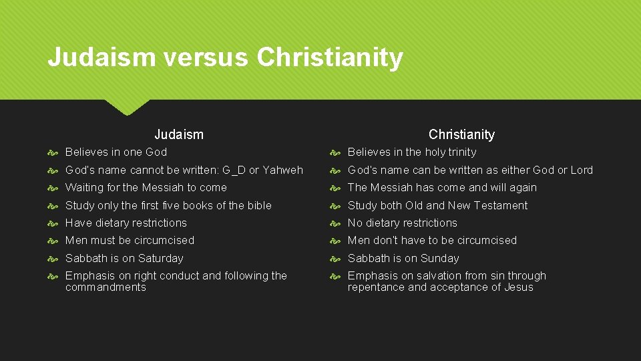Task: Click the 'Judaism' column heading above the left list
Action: coord(179,134)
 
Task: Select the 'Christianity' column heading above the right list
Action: coord(461,134)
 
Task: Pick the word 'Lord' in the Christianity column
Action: coord(580,170)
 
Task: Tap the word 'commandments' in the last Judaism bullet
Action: coord(105,287)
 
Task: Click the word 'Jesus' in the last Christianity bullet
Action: coord(518,287)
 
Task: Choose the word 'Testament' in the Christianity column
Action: coord(501,205)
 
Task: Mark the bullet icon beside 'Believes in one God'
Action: coord(54,152)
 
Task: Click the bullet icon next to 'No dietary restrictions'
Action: coord(337,223)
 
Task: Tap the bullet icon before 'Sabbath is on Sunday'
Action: coord(337,259)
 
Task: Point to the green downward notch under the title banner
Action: coord(128,106)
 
